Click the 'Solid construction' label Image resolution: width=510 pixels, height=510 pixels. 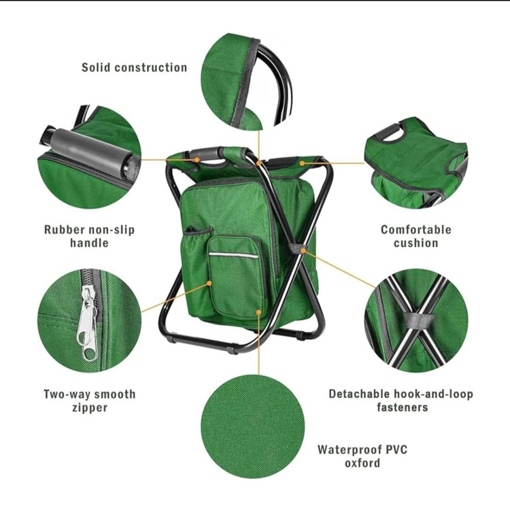pos(135,67)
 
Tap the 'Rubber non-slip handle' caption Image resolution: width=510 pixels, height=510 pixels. pos(90,236)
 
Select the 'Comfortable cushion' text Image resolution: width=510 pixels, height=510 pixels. pos(416,236)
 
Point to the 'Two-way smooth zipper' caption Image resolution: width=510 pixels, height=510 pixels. pos(90,401)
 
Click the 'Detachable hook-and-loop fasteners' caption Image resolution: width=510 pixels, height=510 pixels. pos(401,401)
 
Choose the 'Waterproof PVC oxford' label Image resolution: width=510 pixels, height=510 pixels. pos(362,456)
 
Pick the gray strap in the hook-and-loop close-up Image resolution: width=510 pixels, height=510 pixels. pos(418,320)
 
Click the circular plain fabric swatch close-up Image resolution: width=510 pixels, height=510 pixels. pos(253,427)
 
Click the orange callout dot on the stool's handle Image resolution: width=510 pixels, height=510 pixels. pos(197,160)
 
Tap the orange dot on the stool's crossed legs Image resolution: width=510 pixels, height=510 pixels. pos(303,250)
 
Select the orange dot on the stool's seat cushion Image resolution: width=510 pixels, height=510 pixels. pos(302,163)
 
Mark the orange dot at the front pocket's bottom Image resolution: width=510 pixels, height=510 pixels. pos(259,312)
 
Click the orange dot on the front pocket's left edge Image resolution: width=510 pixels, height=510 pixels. pos(209,284)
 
